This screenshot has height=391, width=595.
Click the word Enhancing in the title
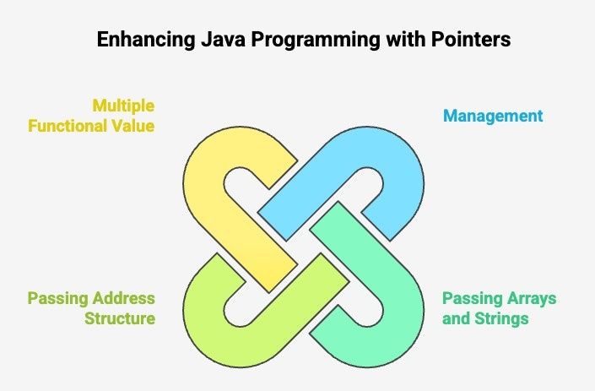[x=146, y=40]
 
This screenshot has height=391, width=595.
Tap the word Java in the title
[x=223, y=40]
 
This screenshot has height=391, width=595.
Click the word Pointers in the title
[x=471, y=39]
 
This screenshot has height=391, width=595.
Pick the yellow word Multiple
[x=123, y=106]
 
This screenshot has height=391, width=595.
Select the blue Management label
[x=493, y=117]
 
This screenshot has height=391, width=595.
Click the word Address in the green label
[x=124, y=298]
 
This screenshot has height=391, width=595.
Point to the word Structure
[x=120, y=318]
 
